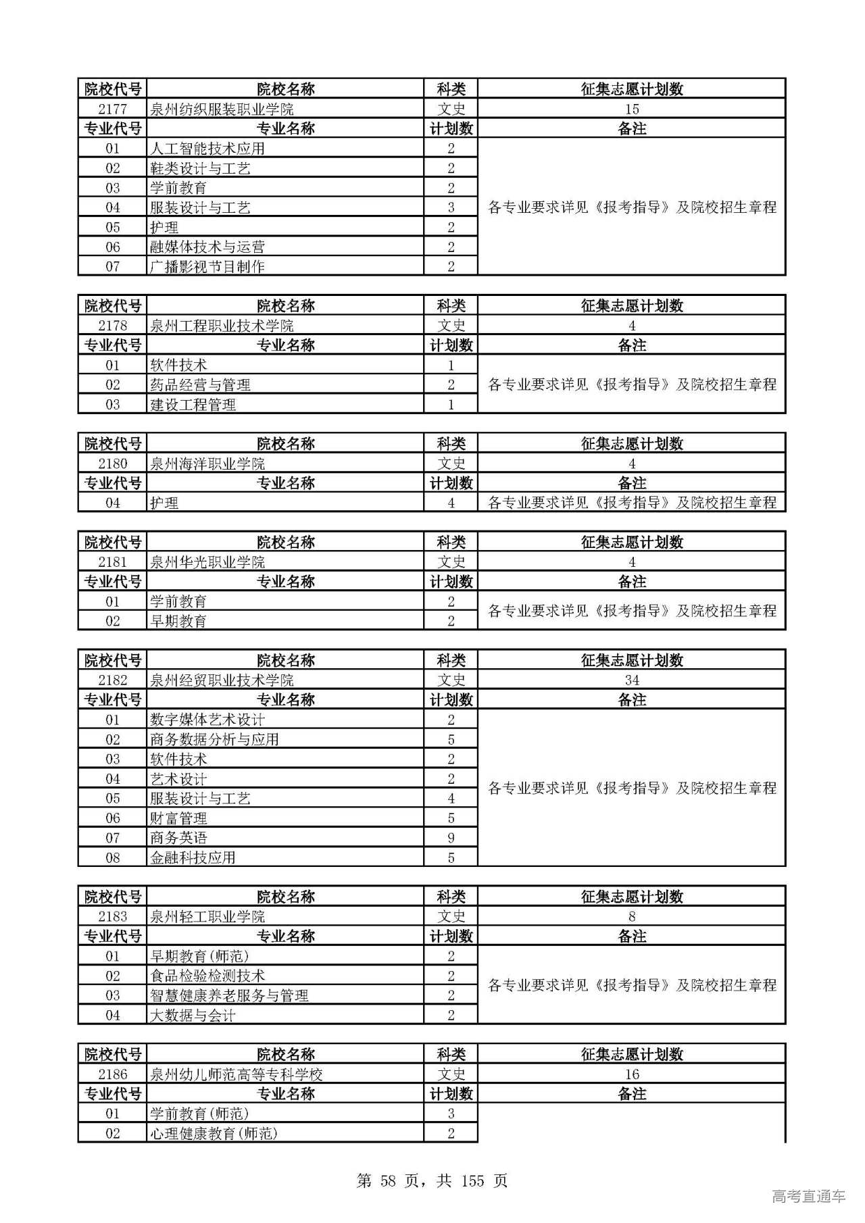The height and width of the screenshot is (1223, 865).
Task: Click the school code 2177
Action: coord(112,109)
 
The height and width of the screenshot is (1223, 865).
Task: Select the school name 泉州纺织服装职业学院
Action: coord(222,109)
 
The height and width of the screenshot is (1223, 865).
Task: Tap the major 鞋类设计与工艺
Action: coord(200,168)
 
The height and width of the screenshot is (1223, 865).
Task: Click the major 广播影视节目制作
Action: coord(207,266)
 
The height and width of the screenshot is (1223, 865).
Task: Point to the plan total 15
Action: coord(632,109)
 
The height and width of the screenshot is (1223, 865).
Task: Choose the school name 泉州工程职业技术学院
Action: coord(222,326)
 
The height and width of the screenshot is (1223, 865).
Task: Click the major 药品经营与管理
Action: coord(200,384)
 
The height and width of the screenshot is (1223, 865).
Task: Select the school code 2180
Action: coord(112,464)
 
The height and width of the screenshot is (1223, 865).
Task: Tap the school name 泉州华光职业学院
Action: coord(207,562)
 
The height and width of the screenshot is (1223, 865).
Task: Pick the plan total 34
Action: coord(632,680)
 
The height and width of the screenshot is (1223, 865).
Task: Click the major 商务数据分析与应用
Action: coord(214,739)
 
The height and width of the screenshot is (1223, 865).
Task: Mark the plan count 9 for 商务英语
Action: coord(451,838)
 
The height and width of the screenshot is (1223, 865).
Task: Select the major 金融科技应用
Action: coord(193,857)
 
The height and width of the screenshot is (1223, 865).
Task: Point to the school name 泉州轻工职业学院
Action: coord(207,916)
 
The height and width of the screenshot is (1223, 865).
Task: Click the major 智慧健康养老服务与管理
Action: coord(229,995)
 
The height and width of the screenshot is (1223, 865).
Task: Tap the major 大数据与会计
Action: coord(193,1015)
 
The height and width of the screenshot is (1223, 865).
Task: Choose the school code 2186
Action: coord(112,1074)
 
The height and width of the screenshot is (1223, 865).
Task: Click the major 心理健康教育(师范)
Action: coord(214,1133)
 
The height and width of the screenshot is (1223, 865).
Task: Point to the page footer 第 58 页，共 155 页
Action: coord(432,1181)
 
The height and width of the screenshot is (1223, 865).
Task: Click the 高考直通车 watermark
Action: coord(808,1196)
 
